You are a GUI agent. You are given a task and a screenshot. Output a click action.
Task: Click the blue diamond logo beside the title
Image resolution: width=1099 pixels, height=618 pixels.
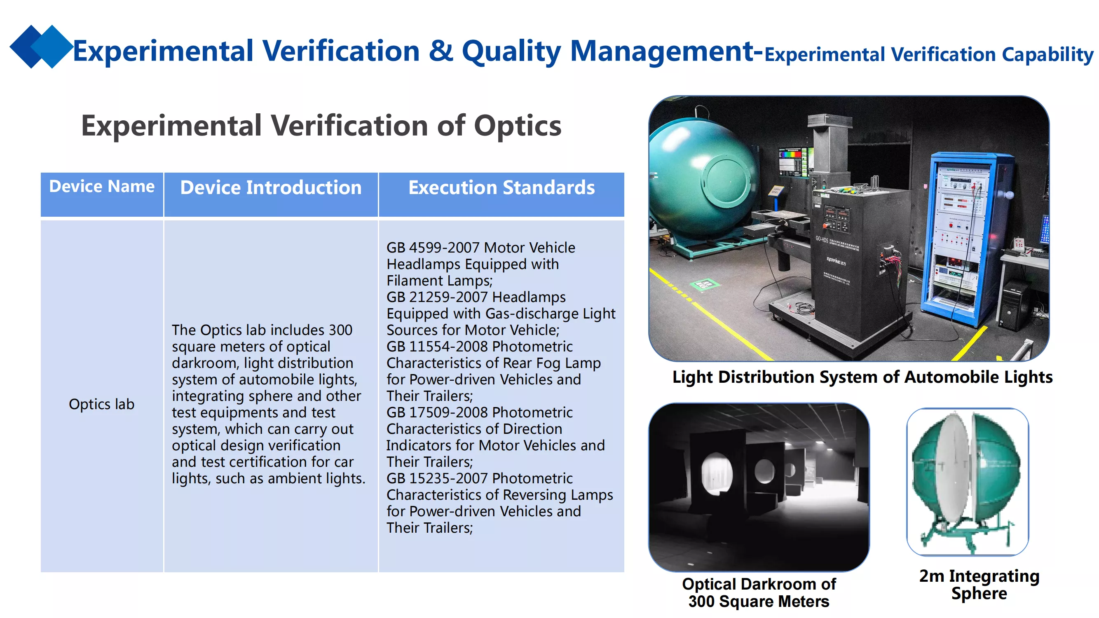coord(41,47)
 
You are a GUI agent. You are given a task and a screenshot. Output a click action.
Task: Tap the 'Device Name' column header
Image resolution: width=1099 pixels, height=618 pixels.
coord(101,186)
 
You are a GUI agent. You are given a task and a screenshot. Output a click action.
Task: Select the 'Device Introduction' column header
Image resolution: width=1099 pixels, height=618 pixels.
coord(271,187)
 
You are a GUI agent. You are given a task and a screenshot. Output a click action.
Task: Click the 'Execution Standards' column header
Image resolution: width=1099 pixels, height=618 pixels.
coord(501,187)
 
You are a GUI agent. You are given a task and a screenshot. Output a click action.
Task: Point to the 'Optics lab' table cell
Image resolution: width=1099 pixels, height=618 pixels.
coord(101,404)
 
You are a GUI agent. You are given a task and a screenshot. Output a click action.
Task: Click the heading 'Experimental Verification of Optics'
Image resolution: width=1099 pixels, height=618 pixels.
coord(321,126)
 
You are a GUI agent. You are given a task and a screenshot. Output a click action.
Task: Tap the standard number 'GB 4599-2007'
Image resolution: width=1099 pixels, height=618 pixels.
coord(433,247)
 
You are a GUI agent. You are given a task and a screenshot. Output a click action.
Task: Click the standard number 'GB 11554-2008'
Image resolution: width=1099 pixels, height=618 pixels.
coord(437,346)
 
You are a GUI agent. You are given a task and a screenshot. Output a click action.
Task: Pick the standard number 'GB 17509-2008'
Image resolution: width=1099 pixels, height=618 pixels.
coord(437,412)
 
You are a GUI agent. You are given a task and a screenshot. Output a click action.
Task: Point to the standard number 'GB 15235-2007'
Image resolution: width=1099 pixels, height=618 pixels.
coord(437,478)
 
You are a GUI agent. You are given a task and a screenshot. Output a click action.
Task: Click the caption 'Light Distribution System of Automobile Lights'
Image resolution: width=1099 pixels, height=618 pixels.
coord(862,377)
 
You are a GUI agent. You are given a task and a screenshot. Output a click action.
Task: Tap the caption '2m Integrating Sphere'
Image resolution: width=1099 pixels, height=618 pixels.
coord(979,584)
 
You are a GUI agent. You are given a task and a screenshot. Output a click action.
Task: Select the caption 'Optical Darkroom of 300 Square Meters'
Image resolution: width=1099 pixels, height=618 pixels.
coord(759,593)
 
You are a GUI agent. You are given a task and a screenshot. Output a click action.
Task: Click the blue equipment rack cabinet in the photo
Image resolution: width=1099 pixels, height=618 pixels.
coord(968,239)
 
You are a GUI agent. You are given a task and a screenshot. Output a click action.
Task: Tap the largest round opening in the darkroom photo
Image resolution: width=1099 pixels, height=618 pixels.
coord(717,474)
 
